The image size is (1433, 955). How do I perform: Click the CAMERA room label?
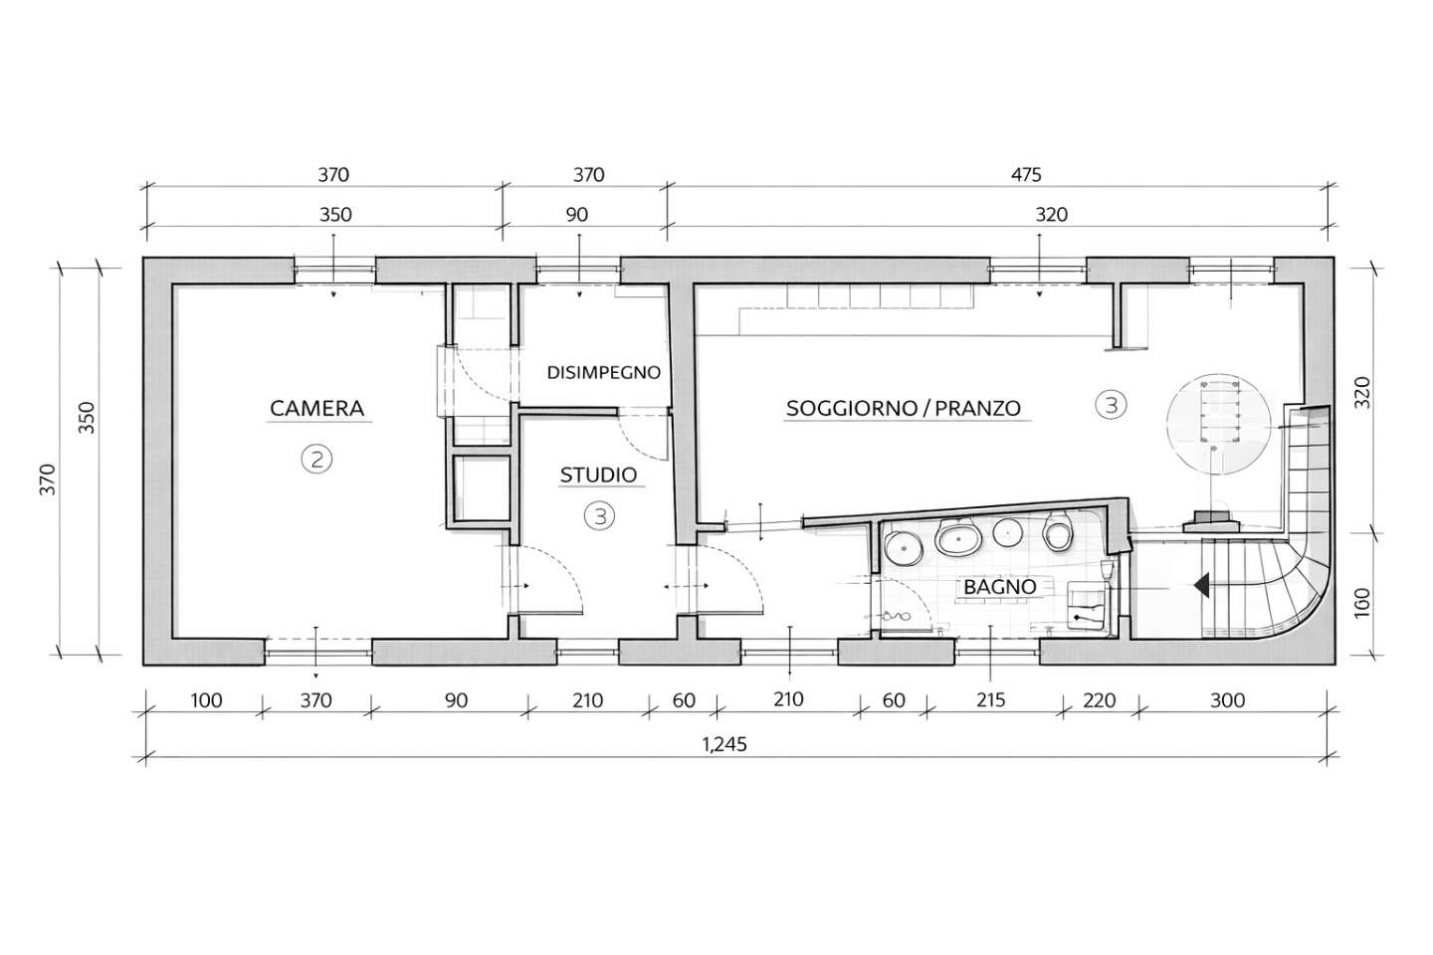(316, 408)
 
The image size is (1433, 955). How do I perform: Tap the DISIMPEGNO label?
(603, 372)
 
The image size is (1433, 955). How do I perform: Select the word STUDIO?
(599, 475)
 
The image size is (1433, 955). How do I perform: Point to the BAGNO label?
(1000, 587)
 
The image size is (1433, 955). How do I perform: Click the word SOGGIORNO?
(852, 408)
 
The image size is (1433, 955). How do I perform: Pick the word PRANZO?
(978, 408)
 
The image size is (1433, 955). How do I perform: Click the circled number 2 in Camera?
(316, 459)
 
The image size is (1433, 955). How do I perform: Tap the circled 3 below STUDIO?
(599, 516)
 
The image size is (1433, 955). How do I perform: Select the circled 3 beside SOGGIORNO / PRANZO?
(1111, 404)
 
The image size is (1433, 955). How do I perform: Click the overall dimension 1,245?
(724, 744)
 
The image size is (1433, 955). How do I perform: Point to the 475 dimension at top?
(1026, 175)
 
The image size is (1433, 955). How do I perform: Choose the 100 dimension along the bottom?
(207, 700)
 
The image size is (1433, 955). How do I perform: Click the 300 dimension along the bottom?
(1228, 700)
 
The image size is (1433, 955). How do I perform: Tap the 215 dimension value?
(991, 700)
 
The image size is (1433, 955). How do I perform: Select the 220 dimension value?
(1099, 700)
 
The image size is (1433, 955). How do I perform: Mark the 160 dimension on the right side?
(1362, 603)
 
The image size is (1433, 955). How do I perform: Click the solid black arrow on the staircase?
(1201, 585)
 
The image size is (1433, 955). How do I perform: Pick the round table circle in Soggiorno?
(1219, 424)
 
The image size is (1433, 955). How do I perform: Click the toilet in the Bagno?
(1057, 531)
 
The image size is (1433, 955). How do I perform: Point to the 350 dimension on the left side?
(87, 417)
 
